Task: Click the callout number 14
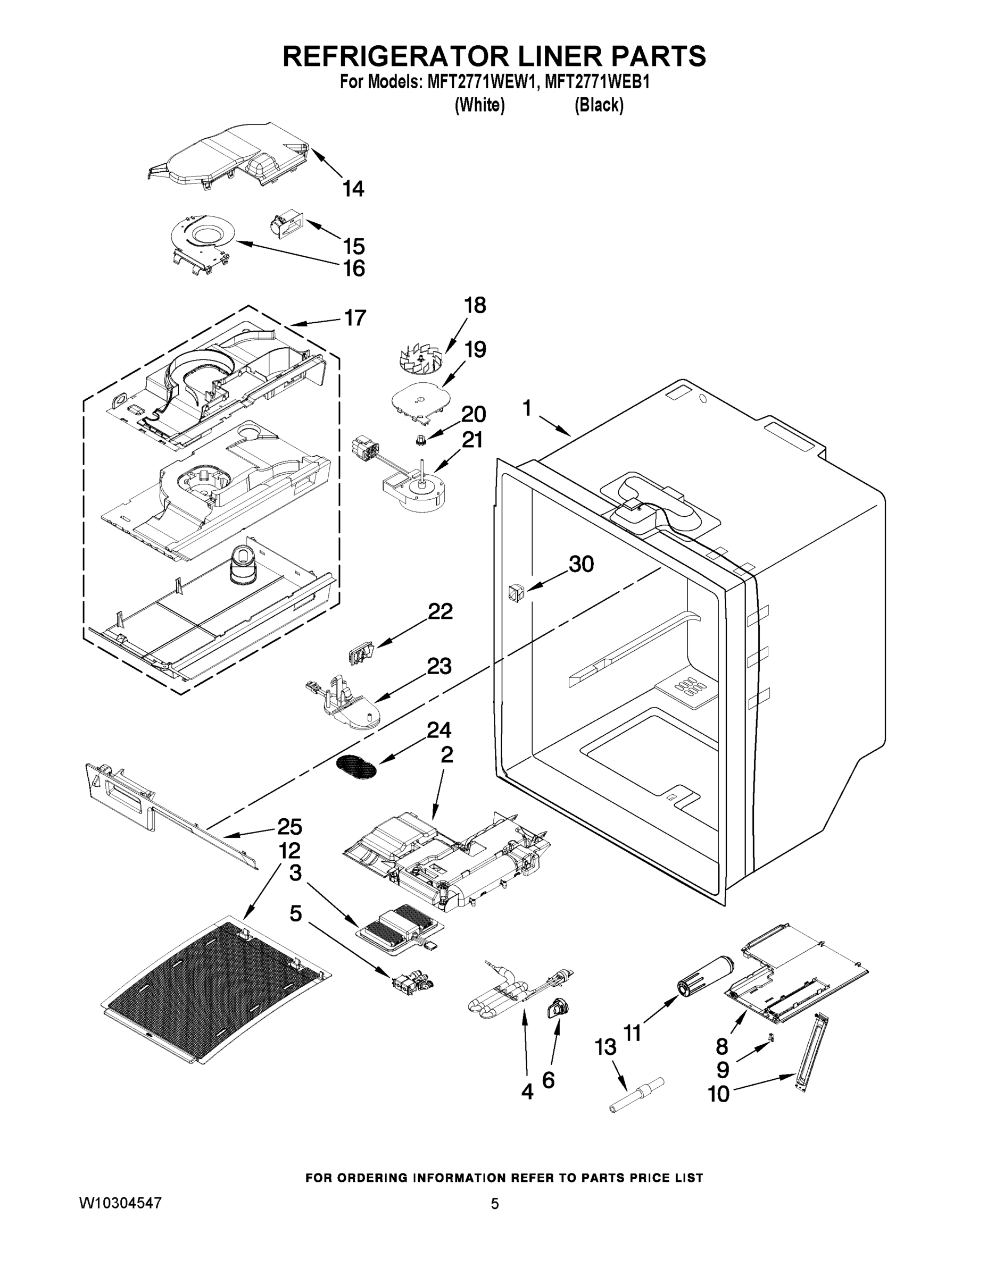353,189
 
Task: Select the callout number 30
581,565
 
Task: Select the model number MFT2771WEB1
597,82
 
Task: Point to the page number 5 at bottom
495,1204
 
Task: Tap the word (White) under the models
479,105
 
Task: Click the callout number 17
355,318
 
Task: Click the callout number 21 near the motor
472,440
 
